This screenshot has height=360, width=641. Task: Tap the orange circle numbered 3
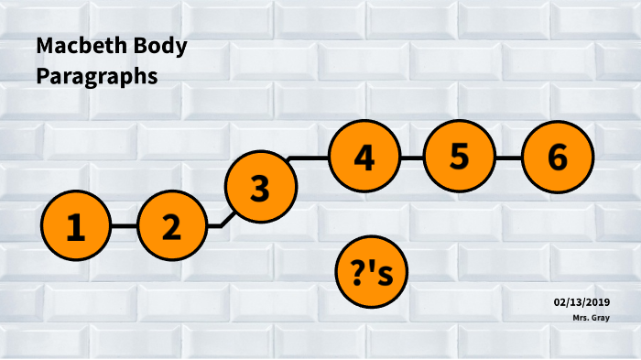pyautogui.click(x=261, y=188)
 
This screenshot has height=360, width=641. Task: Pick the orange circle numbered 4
pyautogui.click(x=364, y=158)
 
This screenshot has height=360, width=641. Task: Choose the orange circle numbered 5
pyautogui.click(x=460, y=158)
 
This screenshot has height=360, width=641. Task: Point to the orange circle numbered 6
pyautogui.click(x=557, y=158)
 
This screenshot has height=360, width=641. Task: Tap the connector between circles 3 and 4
pyautogui.click(x=311, y=158)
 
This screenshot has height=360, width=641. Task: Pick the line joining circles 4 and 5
pyautogui.click(x=412, y=158)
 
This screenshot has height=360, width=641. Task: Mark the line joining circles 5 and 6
pyautogui.click(x=508, y=158)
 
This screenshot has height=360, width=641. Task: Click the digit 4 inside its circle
pyautogui.click(x=364, y=158)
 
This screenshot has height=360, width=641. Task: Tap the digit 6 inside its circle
pyautogui.click(x=557, y=158)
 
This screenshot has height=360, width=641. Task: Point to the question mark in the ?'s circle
pyautogui.click(x=357, y=271)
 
